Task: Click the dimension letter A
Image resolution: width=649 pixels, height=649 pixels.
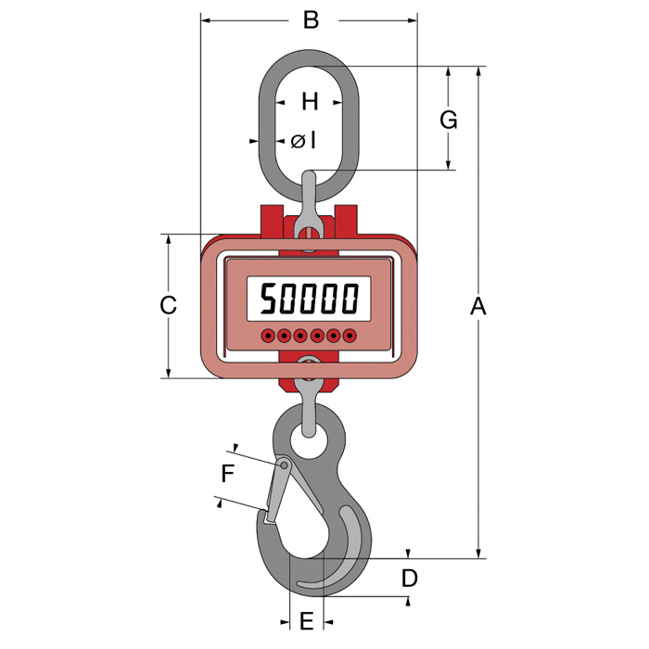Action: point(478,306)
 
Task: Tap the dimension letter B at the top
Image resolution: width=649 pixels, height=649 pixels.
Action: point(311,19)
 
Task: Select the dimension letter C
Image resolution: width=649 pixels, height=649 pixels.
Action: point(168,305)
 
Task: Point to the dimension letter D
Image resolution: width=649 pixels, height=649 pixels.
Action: point(410,578)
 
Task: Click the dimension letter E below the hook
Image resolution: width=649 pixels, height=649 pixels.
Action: point(306,621)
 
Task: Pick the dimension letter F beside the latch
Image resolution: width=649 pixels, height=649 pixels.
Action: point(228,474)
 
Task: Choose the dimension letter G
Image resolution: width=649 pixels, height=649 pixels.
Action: point(448,120)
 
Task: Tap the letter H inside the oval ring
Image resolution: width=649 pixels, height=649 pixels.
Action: point(310,101)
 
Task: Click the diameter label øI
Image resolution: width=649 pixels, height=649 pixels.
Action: point(303,141)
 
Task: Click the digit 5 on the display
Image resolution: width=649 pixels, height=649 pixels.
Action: point(268,298)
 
